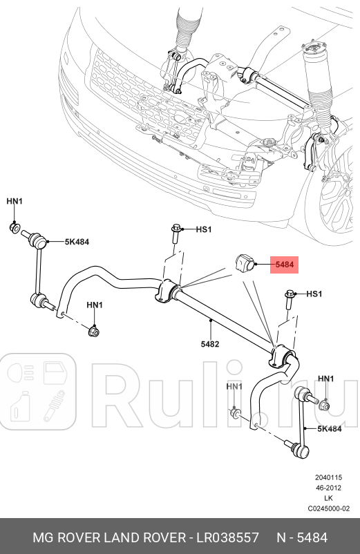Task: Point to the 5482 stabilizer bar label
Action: tap(210, 343)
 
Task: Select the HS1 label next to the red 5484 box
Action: tap(314, 294)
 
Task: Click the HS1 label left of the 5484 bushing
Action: tap(203, 229)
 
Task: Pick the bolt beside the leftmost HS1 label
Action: tap(177, 233)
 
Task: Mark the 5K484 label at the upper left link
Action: tap(77, 242)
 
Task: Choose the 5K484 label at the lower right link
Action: tap(329, 429)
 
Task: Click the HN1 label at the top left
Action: tap(15, 201)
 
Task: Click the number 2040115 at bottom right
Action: tap(328, 477)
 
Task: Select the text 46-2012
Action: tap(328, 488)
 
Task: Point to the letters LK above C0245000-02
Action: tap(328, 498)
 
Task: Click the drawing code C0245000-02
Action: tap(328, 508)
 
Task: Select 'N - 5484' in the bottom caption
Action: tap(302, 537)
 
